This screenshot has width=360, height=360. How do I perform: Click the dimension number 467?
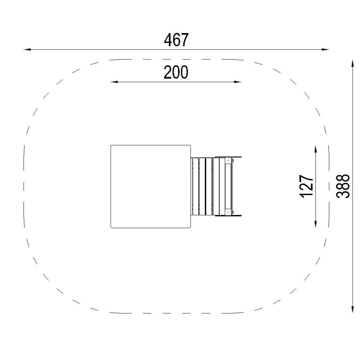click(x=176, y=40)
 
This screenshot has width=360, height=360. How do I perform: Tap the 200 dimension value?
click(x=176, y=72)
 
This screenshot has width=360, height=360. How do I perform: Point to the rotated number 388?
click(x=343, y=186)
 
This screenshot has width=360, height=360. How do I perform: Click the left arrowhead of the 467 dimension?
click(x=27, y=49)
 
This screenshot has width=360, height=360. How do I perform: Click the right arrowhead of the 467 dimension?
click(x=325, y=49)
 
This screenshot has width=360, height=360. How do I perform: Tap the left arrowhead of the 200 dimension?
click(x=114, y=82)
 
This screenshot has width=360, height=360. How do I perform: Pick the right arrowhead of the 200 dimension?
click(x=238, y=82)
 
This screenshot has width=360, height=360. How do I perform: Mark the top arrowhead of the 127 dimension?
click(x=316, y=150)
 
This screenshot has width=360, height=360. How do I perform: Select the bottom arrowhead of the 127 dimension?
click(x=316, y=223)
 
